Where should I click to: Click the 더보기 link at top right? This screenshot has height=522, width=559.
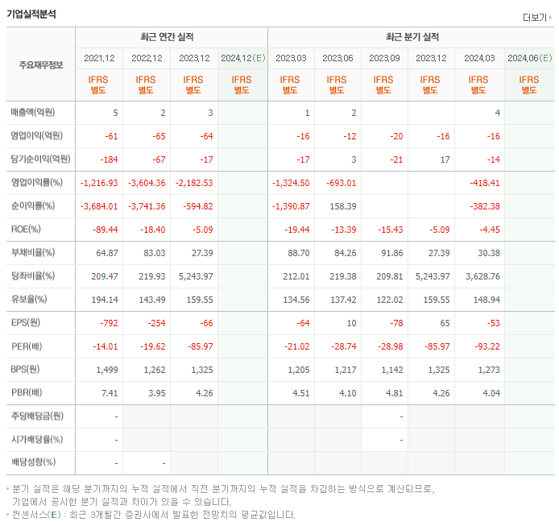[536, 17]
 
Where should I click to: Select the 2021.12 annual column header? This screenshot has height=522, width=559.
[100, 58]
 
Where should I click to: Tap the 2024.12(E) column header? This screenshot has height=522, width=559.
[242, 58]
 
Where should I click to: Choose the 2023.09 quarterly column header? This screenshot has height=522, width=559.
[384, 58]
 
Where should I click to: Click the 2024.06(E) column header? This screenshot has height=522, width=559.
[529, 58]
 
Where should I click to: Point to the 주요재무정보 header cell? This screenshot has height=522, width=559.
[41, 65]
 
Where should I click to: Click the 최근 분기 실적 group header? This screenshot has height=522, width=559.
[412, 37]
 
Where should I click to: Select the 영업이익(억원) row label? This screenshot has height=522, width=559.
[36, 135]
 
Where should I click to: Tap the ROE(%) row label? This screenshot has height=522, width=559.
[26, 229]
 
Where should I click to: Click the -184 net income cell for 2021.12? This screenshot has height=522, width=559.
[108, 159]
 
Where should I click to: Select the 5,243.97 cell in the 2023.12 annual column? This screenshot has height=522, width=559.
[196, 275]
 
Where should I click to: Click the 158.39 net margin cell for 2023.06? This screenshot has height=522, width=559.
[342, 205]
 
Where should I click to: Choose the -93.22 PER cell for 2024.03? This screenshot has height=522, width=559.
[487, 346]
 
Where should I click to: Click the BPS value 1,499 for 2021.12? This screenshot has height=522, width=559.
[106, 369]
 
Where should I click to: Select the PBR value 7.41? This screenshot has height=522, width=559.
[110, 392]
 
